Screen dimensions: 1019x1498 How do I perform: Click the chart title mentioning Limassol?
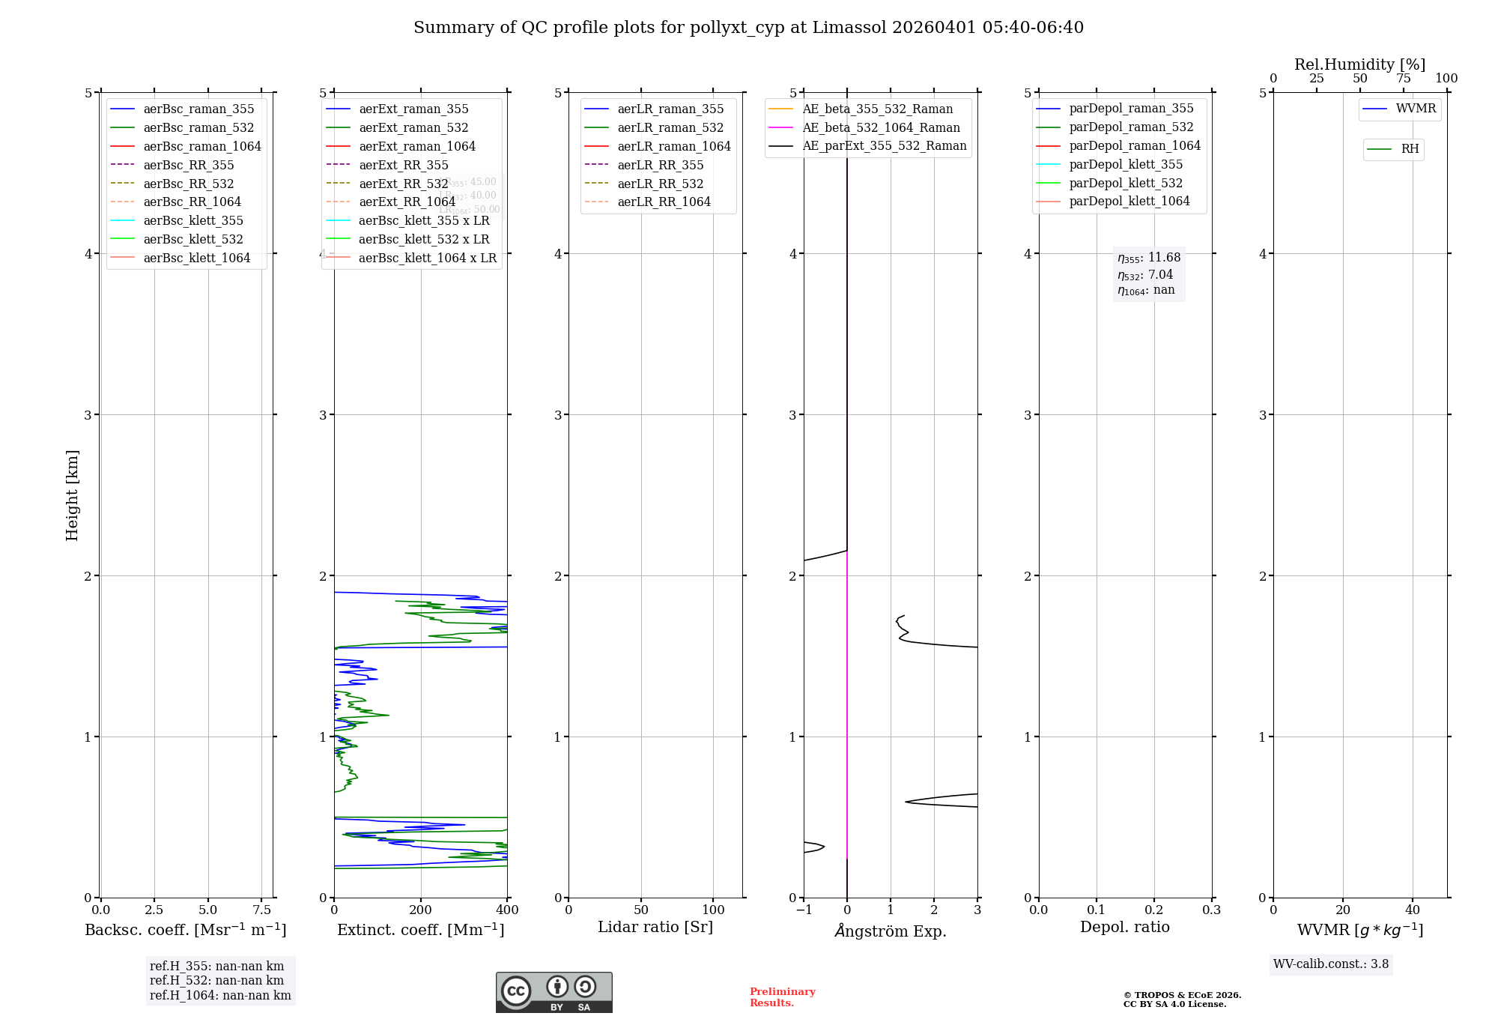click(748, 28)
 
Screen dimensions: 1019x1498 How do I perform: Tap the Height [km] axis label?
click(72, 495)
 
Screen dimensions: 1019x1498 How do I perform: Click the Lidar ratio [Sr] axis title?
click(655, 927)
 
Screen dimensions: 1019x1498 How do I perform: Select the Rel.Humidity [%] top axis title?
click(1359, 64)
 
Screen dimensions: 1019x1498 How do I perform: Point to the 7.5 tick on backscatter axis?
click(261, 910)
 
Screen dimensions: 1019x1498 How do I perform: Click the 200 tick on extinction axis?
click(421, 910)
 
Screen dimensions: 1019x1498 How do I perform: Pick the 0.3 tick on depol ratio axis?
click(1211, 910)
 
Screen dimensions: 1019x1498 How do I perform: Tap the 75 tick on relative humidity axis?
click(1403, 79)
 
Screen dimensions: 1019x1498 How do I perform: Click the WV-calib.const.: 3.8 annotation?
click(1331, 964)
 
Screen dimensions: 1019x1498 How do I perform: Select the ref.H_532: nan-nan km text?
click(216, 980)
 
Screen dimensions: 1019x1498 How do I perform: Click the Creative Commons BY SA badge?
click(554, 992)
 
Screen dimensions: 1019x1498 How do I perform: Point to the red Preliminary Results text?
click(782, 997)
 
